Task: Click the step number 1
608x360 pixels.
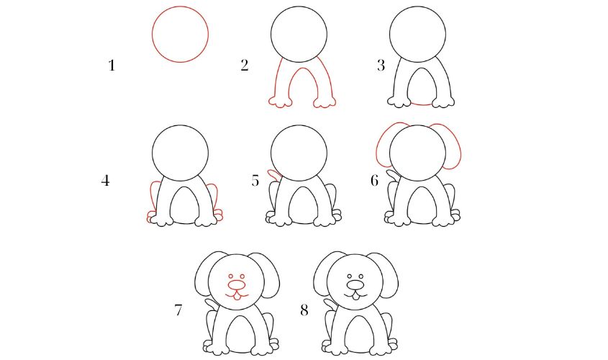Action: pyautogui.click(x=112, y=66)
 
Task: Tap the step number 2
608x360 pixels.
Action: pyautogui.click(x=245, y=66)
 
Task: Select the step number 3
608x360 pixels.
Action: pyautogui.click(x=381, y=66)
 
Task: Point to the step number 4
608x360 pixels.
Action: pyautogui.click(x=105, y=181)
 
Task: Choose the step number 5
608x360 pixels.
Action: pyautogui.click(x=255, y=181)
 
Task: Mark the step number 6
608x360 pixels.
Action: pyautogui.click(x=374, y=181)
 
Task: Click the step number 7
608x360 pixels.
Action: pyautogui.click(x=178, y=310)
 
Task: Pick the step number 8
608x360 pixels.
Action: pyautogui.click(x=304, y=310)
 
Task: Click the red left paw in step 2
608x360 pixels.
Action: pyautogui.click(x=279, y=102)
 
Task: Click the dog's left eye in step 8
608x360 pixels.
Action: pyautogui.click(x=348, y=276)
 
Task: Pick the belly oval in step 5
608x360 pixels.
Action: pyautogui.click(x=299, y=204)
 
